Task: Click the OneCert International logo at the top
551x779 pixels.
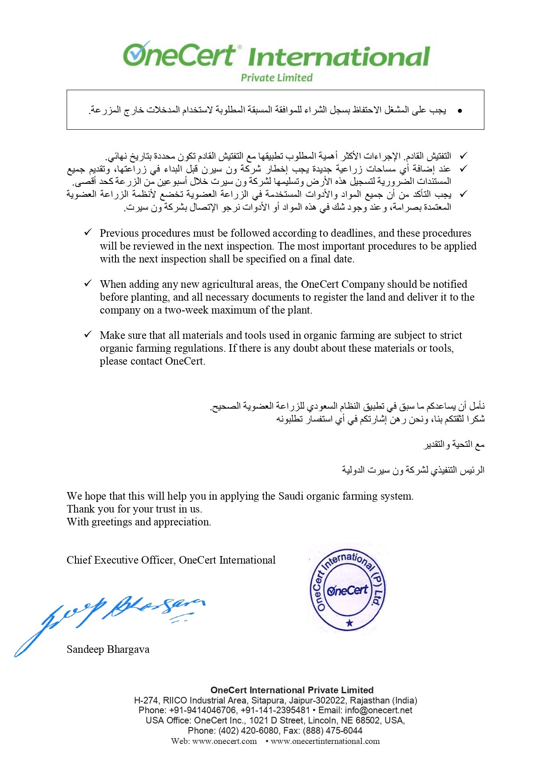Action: (x=276, y=56)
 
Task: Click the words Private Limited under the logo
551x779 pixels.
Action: (x=277, y=78)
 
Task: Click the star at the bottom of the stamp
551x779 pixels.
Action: (x=349, y=623)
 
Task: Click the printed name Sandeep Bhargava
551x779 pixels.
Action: (x=108, y=649)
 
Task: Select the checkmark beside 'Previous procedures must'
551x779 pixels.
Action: (x=88, y=232)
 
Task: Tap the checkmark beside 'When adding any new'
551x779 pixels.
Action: (x=88, y=283)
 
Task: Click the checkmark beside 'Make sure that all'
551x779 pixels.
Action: (x=88, y=334)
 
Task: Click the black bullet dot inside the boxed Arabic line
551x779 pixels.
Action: (x=460, y=111)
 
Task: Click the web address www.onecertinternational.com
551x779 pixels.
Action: (x=325, y=741)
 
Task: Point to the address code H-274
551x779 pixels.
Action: (x=146, y=700)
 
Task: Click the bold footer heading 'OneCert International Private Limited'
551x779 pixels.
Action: (x=292, y=690)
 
